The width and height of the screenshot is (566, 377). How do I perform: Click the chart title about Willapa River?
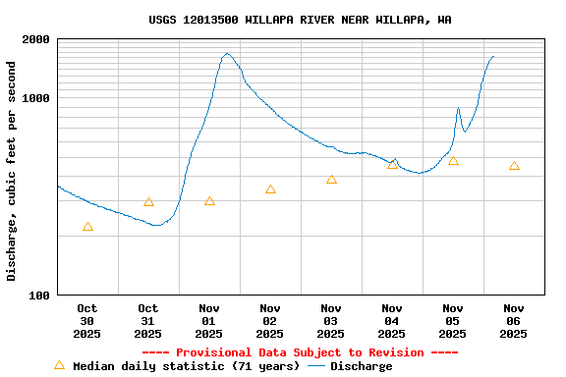[x=301, y=20]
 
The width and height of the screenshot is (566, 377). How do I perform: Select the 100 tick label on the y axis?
[x=40, y=296]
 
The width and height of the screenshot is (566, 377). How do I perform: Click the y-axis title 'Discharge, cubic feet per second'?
[x=12, y=171]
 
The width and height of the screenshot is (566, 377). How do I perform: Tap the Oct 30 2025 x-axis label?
[x=87, y=321]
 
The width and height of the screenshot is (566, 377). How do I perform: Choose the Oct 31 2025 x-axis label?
[x=148, y=321]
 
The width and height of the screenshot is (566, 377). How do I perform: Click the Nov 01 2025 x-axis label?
[x=209, y=321]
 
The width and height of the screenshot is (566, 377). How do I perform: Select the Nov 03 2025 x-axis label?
[x=331, y=321]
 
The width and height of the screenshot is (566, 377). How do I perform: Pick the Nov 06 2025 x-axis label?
[x=514, y=321]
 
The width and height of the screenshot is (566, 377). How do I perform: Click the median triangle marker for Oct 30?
[x=88, y=228]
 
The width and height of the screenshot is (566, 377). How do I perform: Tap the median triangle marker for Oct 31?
[x=148, y=203]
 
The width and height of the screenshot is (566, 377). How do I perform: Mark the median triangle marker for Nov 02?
[x=270, y=189]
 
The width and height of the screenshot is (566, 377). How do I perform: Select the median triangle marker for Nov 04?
[x=393, y=164]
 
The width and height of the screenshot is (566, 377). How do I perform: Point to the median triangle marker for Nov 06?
[x=514, y=166]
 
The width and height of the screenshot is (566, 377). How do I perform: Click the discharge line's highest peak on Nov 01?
[x=227, y=54]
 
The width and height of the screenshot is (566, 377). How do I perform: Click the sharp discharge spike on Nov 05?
[x=458, y=109]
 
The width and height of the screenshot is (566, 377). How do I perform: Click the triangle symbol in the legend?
[x=59, y=365]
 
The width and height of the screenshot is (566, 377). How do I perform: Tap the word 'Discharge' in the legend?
[x=361, y=366]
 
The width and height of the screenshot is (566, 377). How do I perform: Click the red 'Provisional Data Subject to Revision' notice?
[x=301, y=352]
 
